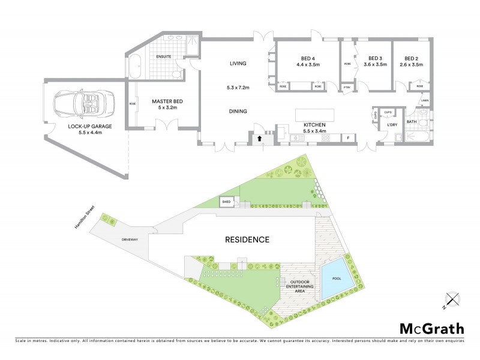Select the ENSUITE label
[x=164, y=56]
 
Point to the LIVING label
[x=239, y=63]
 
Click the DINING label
[x=239, y=111]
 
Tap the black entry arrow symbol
[x=259, y=139]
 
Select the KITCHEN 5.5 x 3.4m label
[x=315, y=127]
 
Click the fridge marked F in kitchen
[x=349, y=138]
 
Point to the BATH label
[x=412, y=122]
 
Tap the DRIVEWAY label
[x=130, y=239]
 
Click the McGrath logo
[x=431, y=328]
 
